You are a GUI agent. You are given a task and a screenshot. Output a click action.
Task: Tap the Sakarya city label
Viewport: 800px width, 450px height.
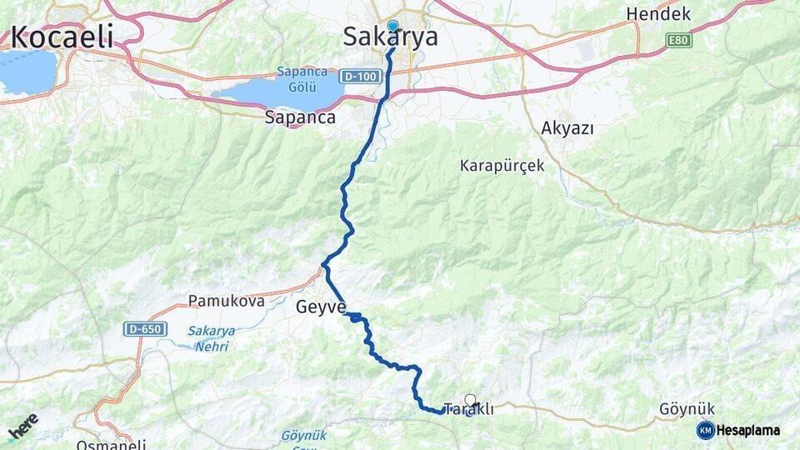tap(391, 37)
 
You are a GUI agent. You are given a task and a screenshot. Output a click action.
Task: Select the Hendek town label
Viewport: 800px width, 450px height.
tap(658, 14)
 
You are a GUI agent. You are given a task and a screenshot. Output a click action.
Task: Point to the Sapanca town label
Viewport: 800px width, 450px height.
tap(299, 117)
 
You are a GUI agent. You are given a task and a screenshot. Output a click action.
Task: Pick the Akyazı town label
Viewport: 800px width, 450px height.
tap(567, 127)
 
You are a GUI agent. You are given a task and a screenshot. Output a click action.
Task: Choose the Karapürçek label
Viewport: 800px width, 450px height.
tap(502, 166)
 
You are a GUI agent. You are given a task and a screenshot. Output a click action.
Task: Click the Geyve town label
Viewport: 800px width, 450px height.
tap(320, 307)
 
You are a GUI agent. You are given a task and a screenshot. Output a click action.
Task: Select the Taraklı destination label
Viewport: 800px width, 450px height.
tap(469, 409)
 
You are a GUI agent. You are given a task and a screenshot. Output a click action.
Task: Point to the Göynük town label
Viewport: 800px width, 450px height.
tap(687, 409)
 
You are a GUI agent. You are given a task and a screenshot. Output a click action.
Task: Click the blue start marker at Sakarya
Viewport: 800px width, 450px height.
tap(392, 26)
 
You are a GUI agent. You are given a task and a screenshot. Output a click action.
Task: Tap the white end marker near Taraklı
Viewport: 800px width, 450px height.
tap(471, 400)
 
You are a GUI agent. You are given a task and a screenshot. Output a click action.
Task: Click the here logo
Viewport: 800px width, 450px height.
tap(23, 426)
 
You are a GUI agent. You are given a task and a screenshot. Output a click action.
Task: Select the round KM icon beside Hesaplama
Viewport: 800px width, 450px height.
tap(705, 430)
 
